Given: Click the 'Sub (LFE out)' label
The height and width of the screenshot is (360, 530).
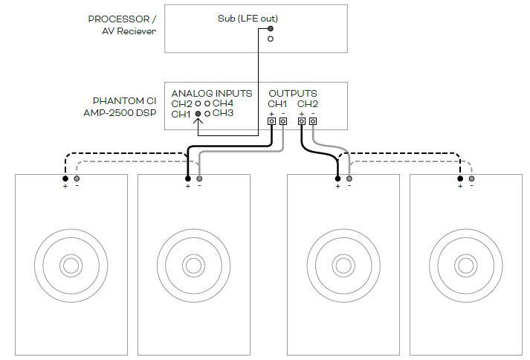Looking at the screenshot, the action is click(x=248, y=19).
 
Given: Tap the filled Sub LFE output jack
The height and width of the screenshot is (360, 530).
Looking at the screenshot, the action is click(x=271, y=29).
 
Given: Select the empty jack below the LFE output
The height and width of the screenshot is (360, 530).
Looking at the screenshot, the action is click(x=271, y=39).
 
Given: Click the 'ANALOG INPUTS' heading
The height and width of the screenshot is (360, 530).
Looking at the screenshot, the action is click(x=212, y=93).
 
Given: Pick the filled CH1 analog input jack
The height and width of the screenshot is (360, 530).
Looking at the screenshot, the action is click(x=198, y=114).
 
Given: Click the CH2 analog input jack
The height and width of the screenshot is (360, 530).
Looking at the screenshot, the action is click(x=198, y=104).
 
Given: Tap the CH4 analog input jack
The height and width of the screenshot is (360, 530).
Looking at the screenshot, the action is click(x=207, y=104).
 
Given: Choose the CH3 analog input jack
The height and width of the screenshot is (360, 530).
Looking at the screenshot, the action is click(x=207, y=114).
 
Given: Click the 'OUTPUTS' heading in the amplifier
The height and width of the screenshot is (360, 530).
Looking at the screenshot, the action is click(x=293, y=93).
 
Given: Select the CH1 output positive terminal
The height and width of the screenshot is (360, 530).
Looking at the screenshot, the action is click(x=271, y=121).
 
